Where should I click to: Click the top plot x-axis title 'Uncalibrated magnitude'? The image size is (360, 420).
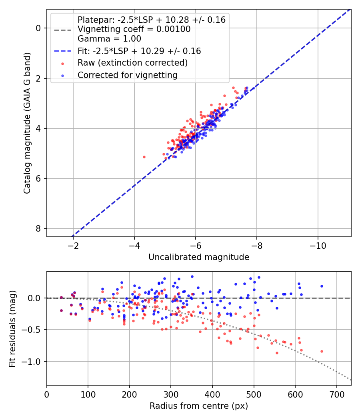(x=199, y=257)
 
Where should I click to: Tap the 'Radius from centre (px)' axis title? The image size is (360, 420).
(x=199, y=406)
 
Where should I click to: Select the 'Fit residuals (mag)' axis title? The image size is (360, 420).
(x=13, y=328)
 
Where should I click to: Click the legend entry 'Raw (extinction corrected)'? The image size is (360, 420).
(x=132, y=63)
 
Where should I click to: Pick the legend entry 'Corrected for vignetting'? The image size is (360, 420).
(x=128, y=75)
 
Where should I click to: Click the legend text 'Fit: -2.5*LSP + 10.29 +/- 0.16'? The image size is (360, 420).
(x=139, y=51)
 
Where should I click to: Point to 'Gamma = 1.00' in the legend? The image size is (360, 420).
(x=109, y=39)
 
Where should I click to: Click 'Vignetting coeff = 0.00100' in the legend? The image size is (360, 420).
(x=134, y=29)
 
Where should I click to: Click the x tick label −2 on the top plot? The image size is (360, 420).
(x=73, y=245)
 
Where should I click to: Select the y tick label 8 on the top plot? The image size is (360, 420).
(x=38, y=228)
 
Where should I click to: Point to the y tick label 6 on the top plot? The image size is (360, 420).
(x=38, y=178)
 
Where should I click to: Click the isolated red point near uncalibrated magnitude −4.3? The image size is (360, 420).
(x=144, y=157)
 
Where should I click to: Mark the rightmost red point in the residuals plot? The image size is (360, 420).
(x=322, y=351)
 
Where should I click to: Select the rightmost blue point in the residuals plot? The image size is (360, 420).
(x=322, y=286)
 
